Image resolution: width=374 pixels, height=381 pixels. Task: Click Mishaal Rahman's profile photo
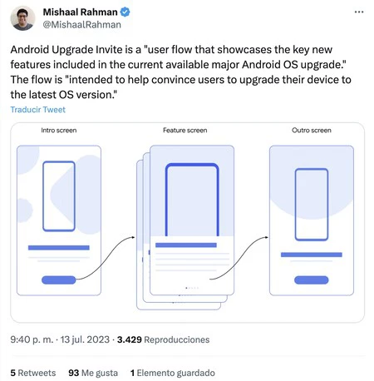[x=22, y=18]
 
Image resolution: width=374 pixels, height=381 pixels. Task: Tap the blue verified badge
[x=125, y=12]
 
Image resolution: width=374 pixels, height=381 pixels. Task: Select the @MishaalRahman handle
[x=82, y=25]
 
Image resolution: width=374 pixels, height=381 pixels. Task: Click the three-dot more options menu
[x=359, y=12]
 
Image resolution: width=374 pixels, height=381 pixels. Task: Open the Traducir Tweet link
[x=38, y=110]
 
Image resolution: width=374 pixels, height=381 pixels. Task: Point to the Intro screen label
[x=59, y=131]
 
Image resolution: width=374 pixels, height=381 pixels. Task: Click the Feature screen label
[x=185, y=131]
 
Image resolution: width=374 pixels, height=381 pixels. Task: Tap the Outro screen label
[x=312, y=131]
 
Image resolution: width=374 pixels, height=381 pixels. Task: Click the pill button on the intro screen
[x=59, y=280]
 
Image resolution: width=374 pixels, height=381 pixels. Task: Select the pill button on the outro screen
[x=312, y=280]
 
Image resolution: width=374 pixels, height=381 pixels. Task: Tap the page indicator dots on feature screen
[x=192, y=288]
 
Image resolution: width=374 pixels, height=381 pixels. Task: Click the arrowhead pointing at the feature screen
[x=134, y=237]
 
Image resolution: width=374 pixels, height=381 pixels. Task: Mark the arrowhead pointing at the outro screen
[x=267, y=237]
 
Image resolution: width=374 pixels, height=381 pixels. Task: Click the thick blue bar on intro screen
[x=59, y=248]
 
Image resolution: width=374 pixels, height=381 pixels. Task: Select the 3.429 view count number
[x=130, y=339]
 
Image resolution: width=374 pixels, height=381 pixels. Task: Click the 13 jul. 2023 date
[x=85, y=339]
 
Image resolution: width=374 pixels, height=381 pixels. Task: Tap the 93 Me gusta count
[x=93, y=373]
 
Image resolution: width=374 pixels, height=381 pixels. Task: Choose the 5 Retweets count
[x=33, y=373]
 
